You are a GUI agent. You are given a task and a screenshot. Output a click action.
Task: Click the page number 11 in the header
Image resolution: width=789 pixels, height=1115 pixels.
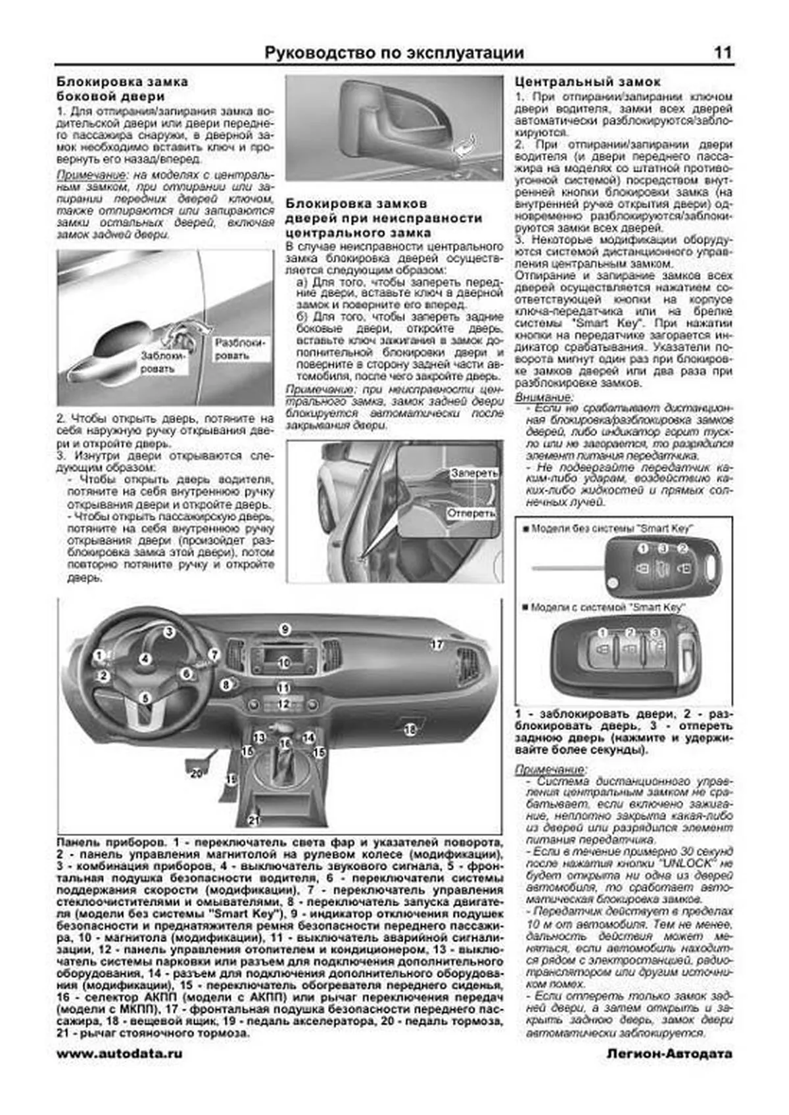(722, 53)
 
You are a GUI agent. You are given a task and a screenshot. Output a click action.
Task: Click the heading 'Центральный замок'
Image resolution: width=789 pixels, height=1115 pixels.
(587, 82)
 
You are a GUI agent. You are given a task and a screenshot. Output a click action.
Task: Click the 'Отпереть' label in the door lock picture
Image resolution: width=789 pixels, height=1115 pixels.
(471, 513)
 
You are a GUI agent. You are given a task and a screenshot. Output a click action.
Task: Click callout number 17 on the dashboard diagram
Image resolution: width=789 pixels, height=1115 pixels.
(437, 645)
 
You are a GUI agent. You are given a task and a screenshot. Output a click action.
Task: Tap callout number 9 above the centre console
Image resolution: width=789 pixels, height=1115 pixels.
(284, 629)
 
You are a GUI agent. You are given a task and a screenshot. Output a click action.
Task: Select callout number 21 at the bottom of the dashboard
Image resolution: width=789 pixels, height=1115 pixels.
(254, 819)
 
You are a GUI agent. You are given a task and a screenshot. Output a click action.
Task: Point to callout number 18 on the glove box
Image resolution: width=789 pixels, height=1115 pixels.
(410, 729)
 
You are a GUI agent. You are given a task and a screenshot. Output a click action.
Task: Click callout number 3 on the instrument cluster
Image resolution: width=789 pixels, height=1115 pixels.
(169, 632)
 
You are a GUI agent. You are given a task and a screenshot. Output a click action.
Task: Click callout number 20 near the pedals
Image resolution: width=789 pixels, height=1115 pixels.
(196, 773)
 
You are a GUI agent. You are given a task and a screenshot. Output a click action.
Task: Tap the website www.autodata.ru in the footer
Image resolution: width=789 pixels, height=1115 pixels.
(120, 1053)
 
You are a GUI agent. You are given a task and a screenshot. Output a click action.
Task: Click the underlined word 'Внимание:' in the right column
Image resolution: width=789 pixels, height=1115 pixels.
(543, 398)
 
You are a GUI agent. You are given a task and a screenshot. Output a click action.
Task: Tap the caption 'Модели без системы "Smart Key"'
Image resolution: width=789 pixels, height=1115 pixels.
(611, 528)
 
